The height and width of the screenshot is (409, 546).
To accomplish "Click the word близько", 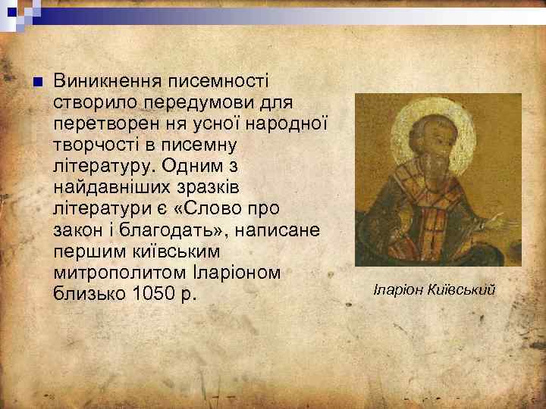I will click(86, 292).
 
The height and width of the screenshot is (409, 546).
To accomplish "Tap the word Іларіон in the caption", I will click(400, 289).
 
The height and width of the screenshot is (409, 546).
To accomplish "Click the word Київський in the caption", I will click(463, 289).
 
